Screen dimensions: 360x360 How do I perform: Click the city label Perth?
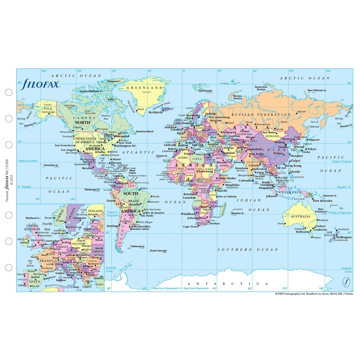[x=281, y=224]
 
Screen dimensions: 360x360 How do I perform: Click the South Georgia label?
[x=159, y=251]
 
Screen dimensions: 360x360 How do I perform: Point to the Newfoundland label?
[x=144, y=131]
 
